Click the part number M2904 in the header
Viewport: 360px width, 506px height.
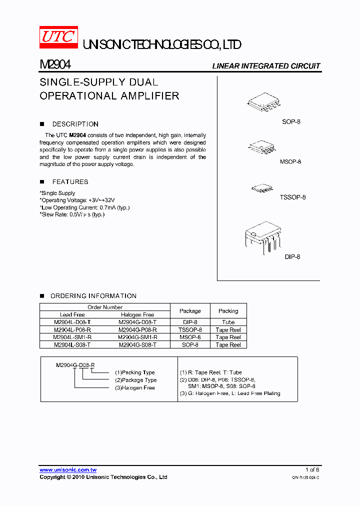(55, 65)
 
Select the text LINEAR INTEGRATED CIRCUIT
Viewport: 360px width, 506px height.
(266, 66)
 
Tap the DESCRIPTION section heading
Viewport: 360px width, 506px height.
(75, 124)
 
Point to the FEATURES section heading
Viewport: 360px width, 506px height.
(70, 182)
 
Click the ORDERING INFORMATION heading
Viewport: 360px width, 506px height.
(93, 296)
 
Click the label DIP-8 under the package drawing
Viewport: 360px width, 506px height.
(292, 256)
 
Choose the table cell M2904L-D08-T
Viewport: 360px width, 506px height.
(72, 322)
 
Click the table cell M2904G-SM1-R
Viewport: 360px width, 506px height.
(137, 337)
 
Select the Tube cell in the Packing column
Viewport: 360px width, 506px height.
(228, 322)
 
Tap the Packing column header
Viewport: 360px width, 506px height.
(228, 311)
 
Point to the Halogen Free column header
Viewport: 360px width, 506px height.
(137, 315)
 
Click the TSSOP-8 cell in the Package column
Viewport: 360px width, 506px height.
(190, 330)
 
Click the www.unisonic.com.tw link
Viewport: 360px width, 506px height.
(68, 470)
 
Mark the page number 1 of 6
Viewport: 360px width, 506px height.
(312, 470)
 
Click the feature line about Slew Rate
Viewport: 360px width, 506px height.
(72, 214)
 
